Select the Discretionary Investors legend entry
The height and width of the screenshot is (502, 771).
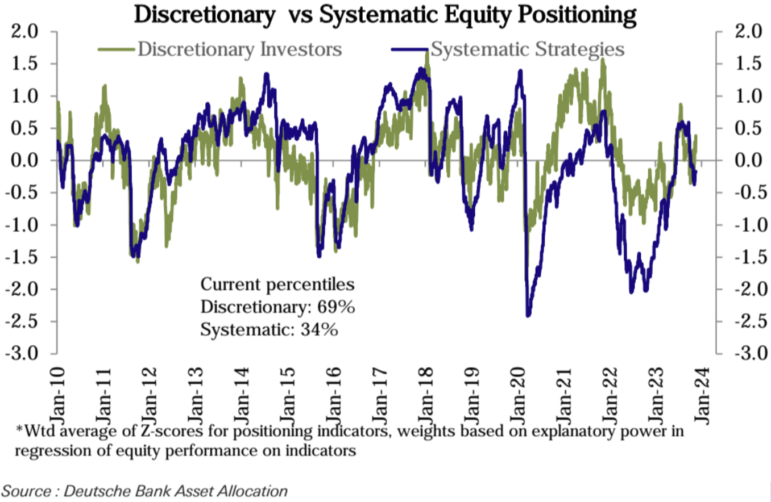(239, 49)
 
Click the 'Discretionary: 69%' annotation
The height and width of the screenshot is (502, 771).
(278, 307)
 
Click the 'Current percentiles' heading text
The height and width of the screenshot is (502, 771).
(278, 285)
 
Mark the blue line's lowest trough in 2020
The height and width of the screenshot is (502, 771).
(528, 315)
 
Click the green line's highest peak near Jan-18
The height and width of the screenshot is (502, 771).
(427, 57)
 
